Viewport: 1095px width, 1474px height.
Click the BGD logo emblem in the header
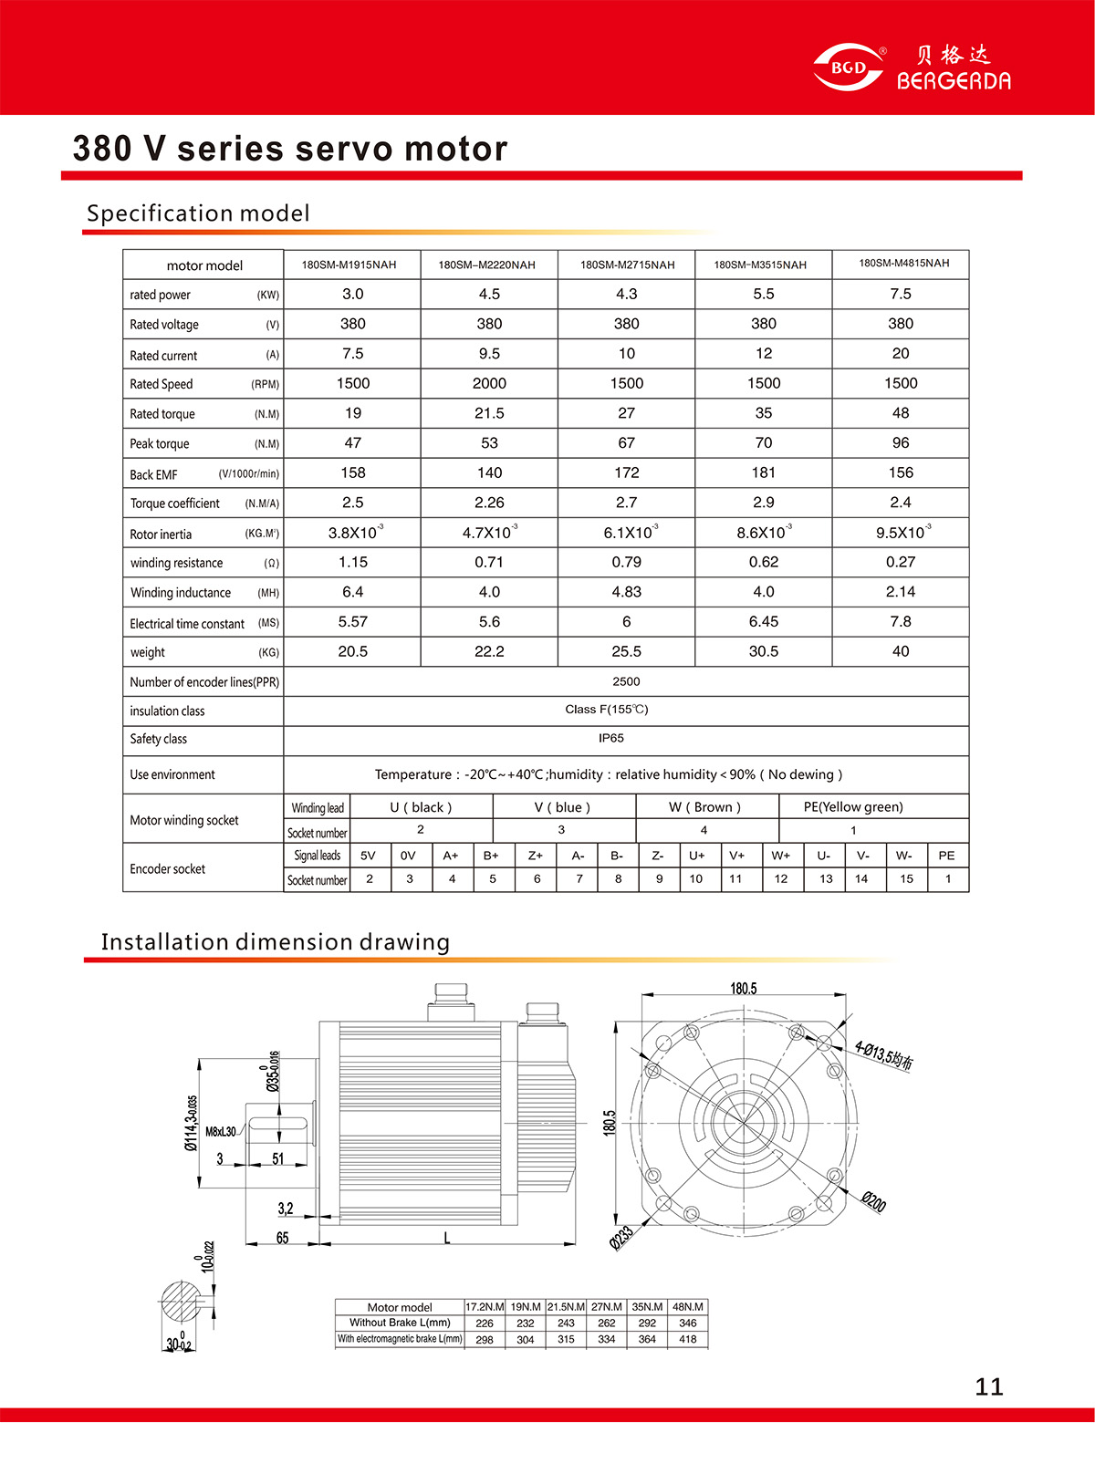[x=849, y=67]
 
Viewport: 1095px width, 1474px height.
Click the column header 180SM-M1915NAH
[x=349, y=265]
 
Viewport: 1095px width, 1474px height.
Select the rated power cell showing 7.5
[x=901, y=294]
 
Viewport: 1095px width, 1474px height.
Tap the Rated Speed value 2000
[x=489, y=383]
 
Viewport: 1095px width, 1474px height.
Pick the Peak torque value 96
[x=901, y=442]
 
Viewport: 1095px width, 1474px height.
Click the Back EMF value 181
[x=764, y=472]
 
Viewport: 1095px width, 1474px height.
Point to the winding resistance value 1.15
[x=353, y=562]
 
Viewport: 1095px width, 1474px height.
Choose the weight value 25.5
[x=626, y=651]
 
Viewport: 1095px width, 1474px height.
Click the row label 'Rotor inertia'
[x=161, y=535]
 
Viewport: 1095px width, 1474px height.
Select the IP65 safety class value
[x=611, y=738]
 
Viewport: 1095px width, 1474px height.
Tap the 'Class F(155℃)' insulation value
[x=607, y=709]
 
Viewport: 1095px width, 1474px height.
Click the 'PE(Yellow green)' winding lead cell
[x=853, y=806]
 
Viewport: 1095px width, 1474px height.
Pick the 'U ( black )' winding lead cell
[x=421, y=807]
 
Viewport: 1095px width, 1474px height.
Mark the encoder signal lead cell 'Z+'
[x=536, y=856]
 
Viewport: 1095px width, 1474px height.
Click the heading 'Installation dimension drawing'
[x=276, y=941]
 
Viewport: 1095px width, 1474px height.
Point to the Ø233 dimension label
[x=621, y=1238]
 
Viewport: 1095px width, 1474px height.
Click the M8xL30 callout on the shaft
[x=221, y=1132]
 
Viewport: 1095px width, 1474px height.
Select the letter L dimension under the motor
[x=447, y=1238]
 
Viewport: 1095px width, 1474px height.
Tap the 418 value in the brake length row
[x=688, y=1339]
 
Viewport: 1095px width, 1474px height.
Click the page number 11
[x=989, y=1387]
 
